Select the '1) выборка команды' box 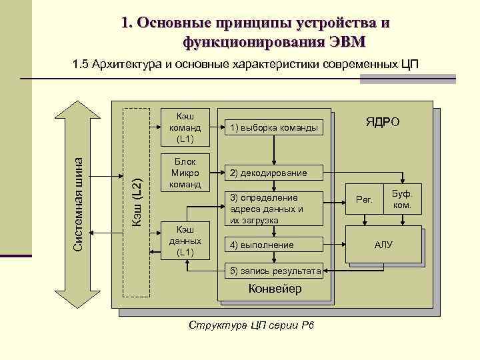pos(273,127)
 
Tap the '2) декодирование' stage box pos(273,173)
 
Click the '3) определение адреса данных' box pos(273,209)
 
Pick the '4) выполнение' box pos(273,245)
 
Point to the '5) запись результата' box pos(273,271)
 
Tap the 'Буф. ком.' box pos(402,199)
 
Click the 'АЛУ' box pos(383,245)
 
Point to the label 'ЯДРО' pos(382,123)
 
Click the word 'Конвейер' pos(275,289)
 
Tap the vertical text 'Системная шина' pos(78,204)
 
